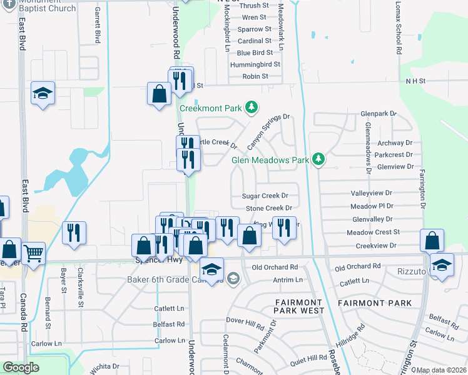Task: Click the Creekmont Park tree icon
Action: pyautogui.click(x=252, y=107)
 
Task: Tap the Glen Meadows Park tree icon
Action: pyautogui.click(x=318, y=159)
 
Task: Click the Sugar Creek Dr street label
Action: pyautogui.click(x=265, y=196)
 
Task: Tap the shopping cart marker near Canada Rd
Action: pyautogui.click(x=33, y=253)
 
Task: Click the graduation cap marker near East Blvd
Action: pyautogui.click(x=43, y=93)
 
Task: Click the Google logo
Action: pyautogui.click(x=21, y=367)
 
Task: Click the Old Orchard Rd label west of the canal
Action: pyautogui.click(x=275, y=267)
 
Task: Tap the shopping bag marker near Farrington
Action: pyautogui.click(x=432, y=240)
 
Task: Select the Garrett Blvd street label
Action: pyautogui.click(x=98, y=26)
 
